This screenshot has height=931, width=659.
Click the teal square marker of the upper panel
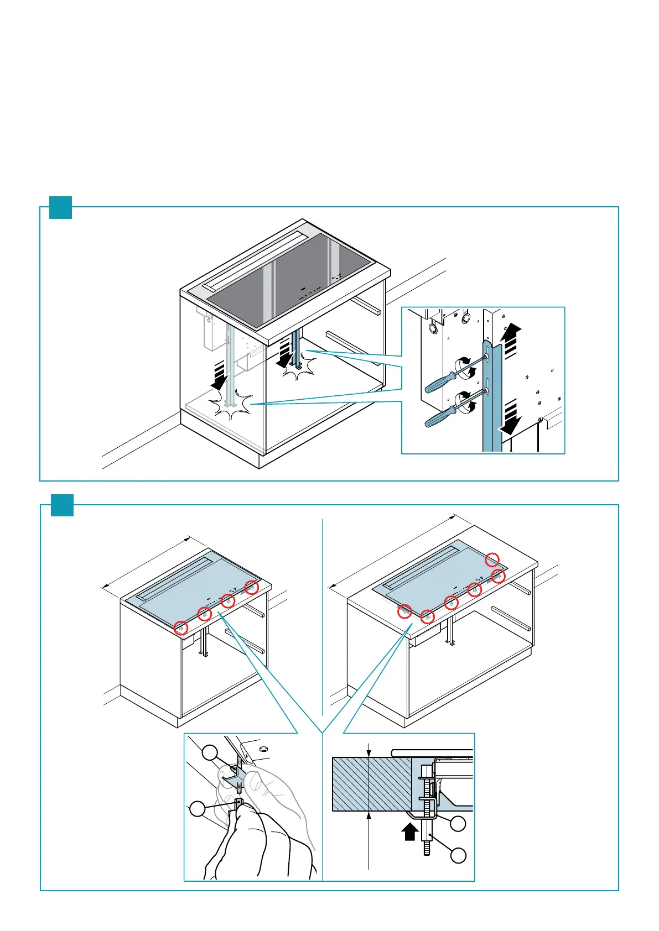[x=61, y=207]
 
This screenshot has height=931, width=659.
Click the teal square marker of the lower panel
[x=62, y=505]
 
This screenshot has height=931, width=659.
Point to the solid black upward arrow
[x=409, y=830]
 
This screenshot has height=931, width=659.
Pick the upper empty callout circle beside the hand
[x=210, y=752]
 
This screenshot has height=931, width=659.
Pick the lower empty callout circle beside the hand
[x=198, y=809]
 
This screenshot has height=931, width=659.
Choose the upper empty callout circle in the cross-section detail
[x=458, y=824]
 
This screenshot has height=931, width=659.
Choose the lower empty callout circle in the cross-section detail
[x=458, y=856]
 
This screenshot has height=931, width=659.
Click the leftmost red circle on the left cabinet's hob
[x=180, y=627]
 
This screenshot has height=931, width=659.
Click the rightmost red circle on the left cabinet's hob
[x=252, y=587]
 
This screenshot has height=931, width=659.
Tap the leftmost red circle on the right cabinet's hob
[x=404, y=611]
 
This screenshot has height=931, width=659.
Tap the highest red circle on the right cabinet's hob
[x=492, y=559]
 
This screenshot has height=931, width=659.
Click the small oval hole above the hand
[x=263, y=749]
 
